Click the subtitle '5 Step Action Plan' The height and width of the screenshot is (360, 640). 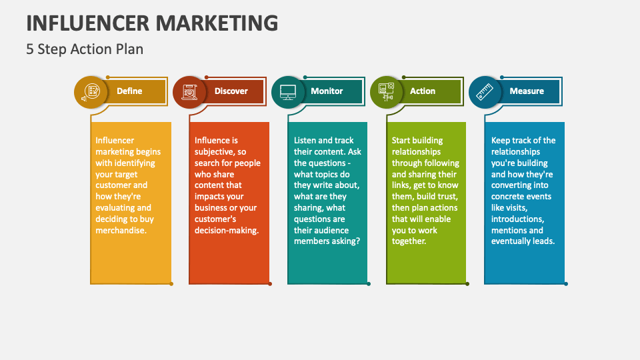pyautogui.click(x=85, y=49)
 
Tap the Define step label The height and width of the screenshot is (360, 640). pyautogui.click(x=129, y=91)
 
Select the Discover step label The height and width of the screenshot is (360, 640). pyautogui.click(x=231, y=91)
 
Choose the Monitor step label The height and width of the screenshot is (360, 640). pyautogui.click(x=327, y=91)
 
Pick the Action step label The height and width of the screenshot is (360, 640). pyautogui.click(x=423, y=91)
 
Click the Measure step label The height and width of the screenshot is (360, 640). pyautogui.click(x=527, y=91)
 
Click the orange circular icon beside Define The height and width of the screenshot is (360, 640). pyautogui.click(x=90, y=91)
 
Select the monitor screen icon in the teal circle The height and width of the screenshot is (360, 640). pyautogui.click(x=288, y=91)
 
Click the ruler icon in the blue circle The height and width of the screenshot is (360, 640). pyautogui.click(x=485, y=91)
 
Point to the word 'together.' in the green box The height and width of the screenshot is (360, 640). pyautogui.click(x=409, y=241)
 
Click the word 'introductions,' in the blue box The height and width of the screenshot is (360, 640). pyautogui.click(x=518, y=219)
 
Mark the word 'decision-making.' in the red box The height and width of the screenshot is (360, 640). pyautogui.click(x=227, y=230)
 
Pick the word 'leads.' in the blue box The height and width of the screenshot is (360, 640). pyautogui.click(x=543, y=241)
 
